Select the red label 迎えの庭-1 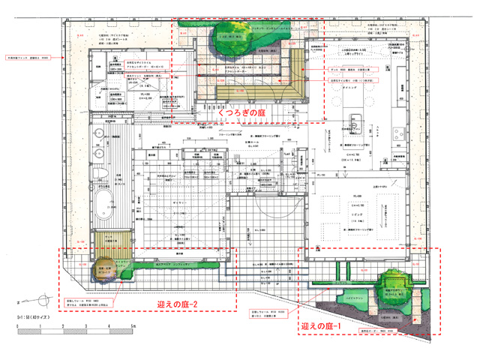pyautogui.click(x=322, y=327)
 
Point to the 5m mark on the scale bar pyautogui.click(x=133, y=327)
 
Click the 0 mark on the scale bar pyautogui.click(x=16, y=327)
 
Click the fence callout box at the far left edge pyautogui.click(x=28, y=56)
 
